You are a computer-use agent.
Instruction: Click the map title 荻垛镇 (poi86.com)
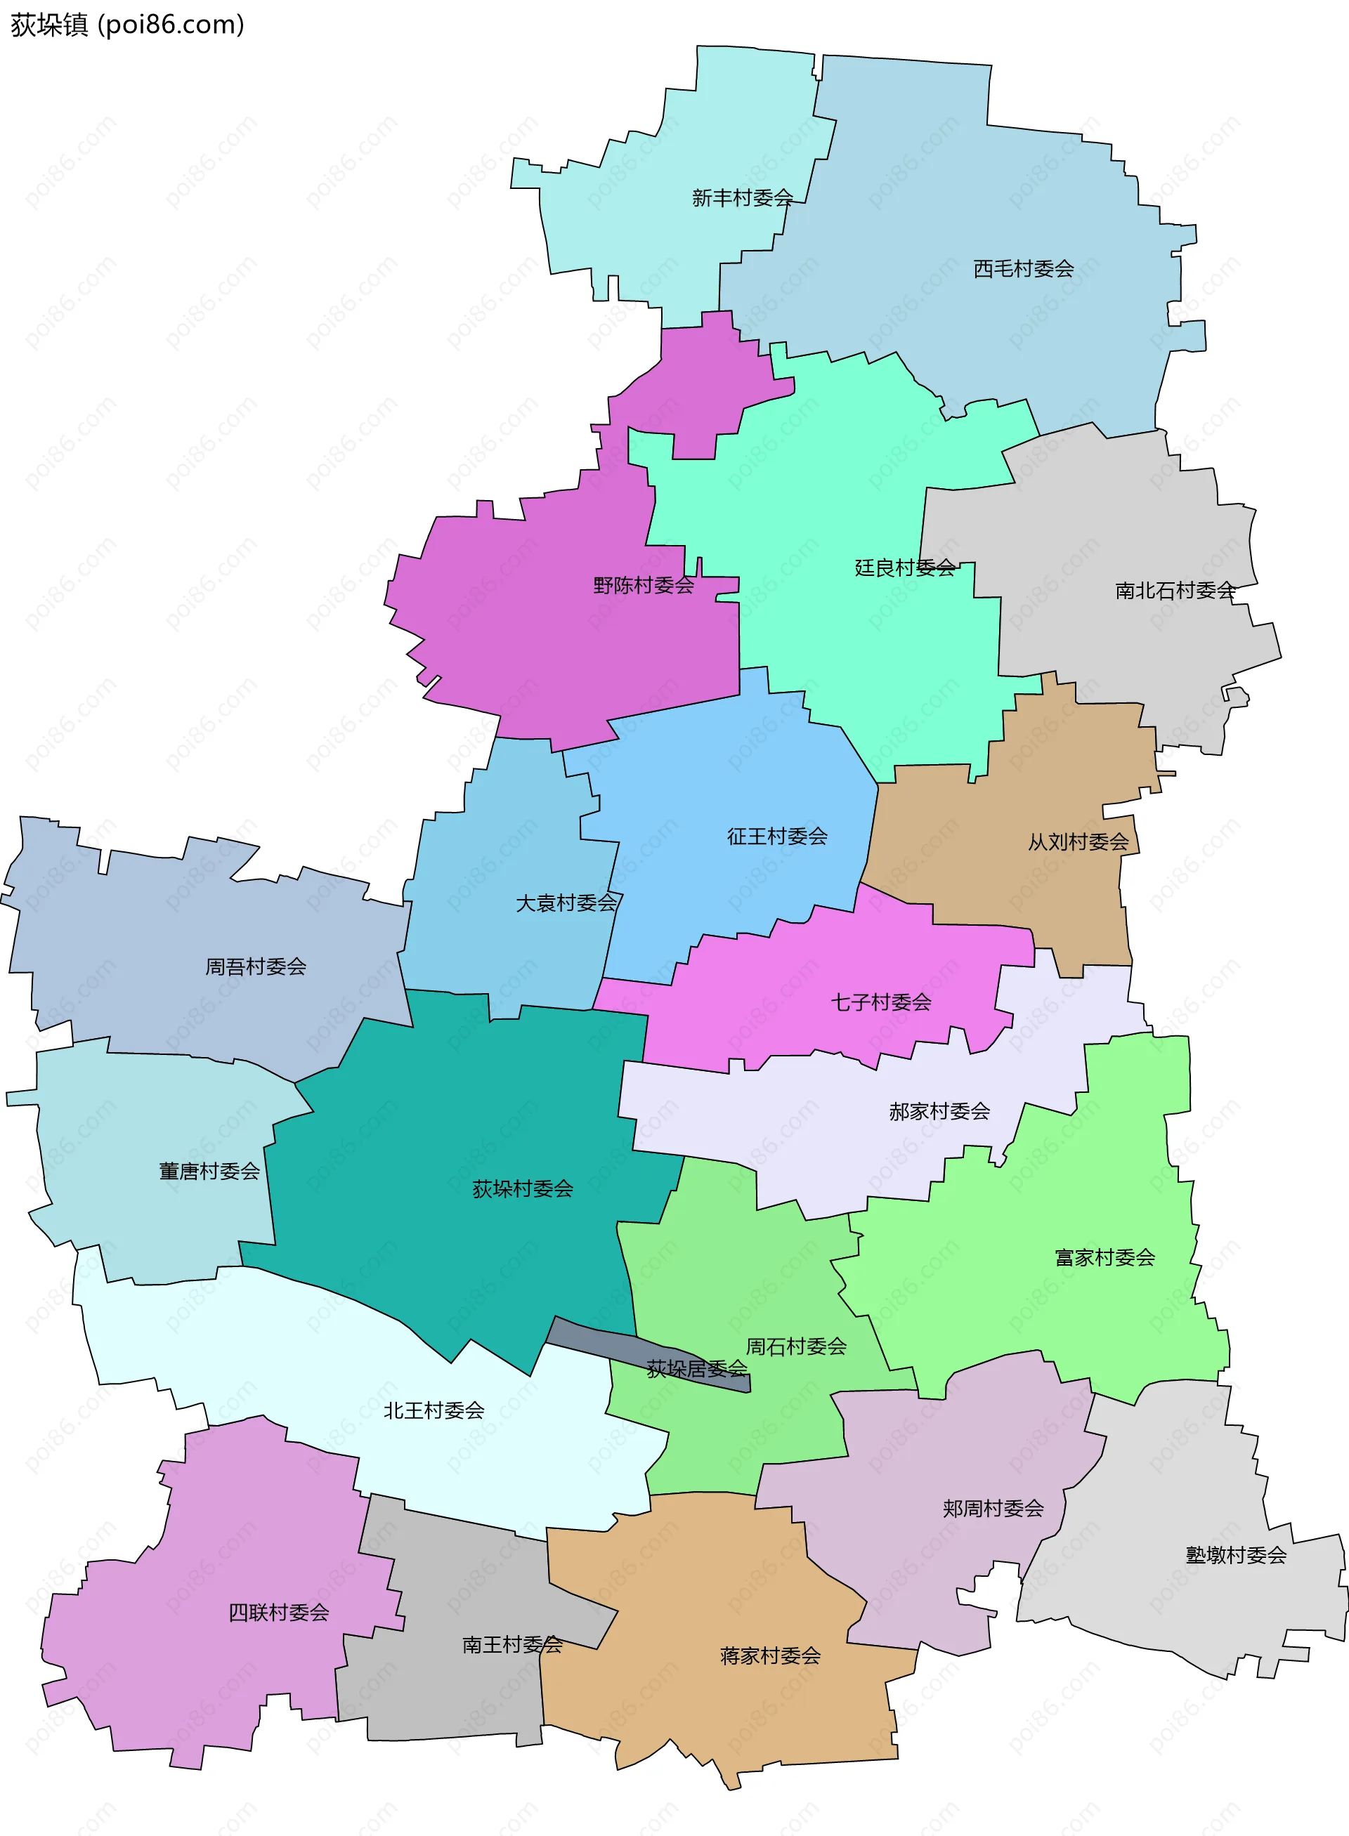127,25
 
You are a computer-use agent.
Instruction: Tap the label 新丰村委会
742,197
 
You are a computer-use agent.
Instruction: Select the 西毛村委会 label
1023,268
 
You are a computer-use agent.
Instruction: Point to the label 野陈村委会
644,584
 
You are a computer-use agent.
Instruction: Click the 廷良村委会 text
905,568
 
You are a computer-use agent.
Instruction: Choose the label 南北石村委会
1175,590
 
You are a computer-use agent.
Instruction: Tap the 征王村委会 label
777,836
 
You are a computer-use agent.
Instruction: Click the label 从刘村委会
1078,841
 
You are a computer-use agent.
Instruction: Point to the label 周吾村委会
256,966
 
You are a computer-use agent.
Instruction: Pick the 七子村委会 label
881,1002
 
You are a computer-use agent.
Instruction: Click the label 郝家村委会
939,1111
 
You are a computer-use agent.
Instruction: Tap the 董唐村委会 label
209,1172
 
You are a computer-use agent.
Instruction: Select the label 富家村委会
1104,1257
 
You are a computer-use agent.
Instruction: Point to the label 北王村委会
434,1410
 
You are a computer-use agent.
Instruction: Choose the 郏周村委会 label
993,1508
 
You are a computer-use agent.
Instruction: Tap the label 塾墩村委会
1235,1555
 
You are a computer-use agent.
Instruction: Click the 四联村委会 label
278,1613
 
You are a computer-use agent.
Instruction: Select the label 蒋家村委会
770,1655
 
